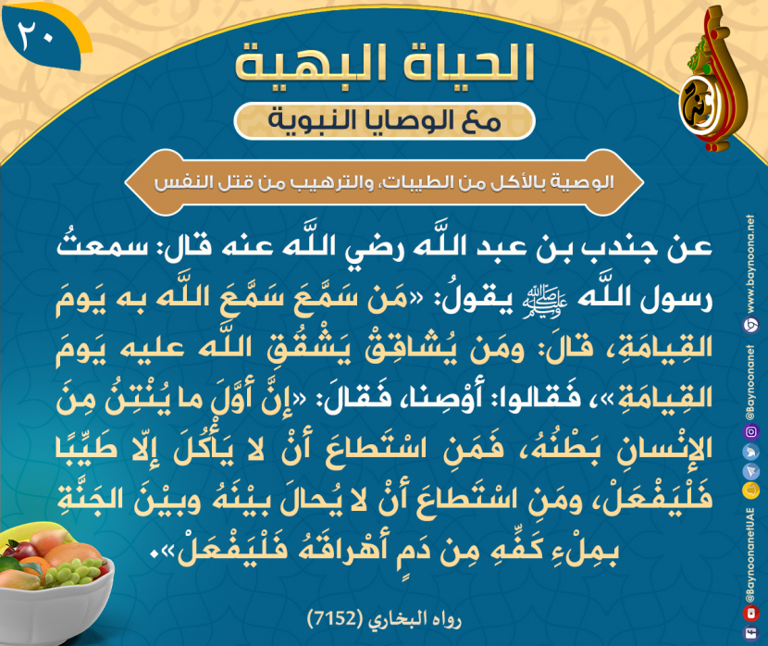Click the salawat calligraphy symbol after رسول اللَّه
[x=545, y=300]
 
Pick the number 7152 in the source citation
[x=333, y=619]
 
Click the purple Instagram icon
[x=751, y=431]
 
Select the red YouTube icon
[x=750, y=613]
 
